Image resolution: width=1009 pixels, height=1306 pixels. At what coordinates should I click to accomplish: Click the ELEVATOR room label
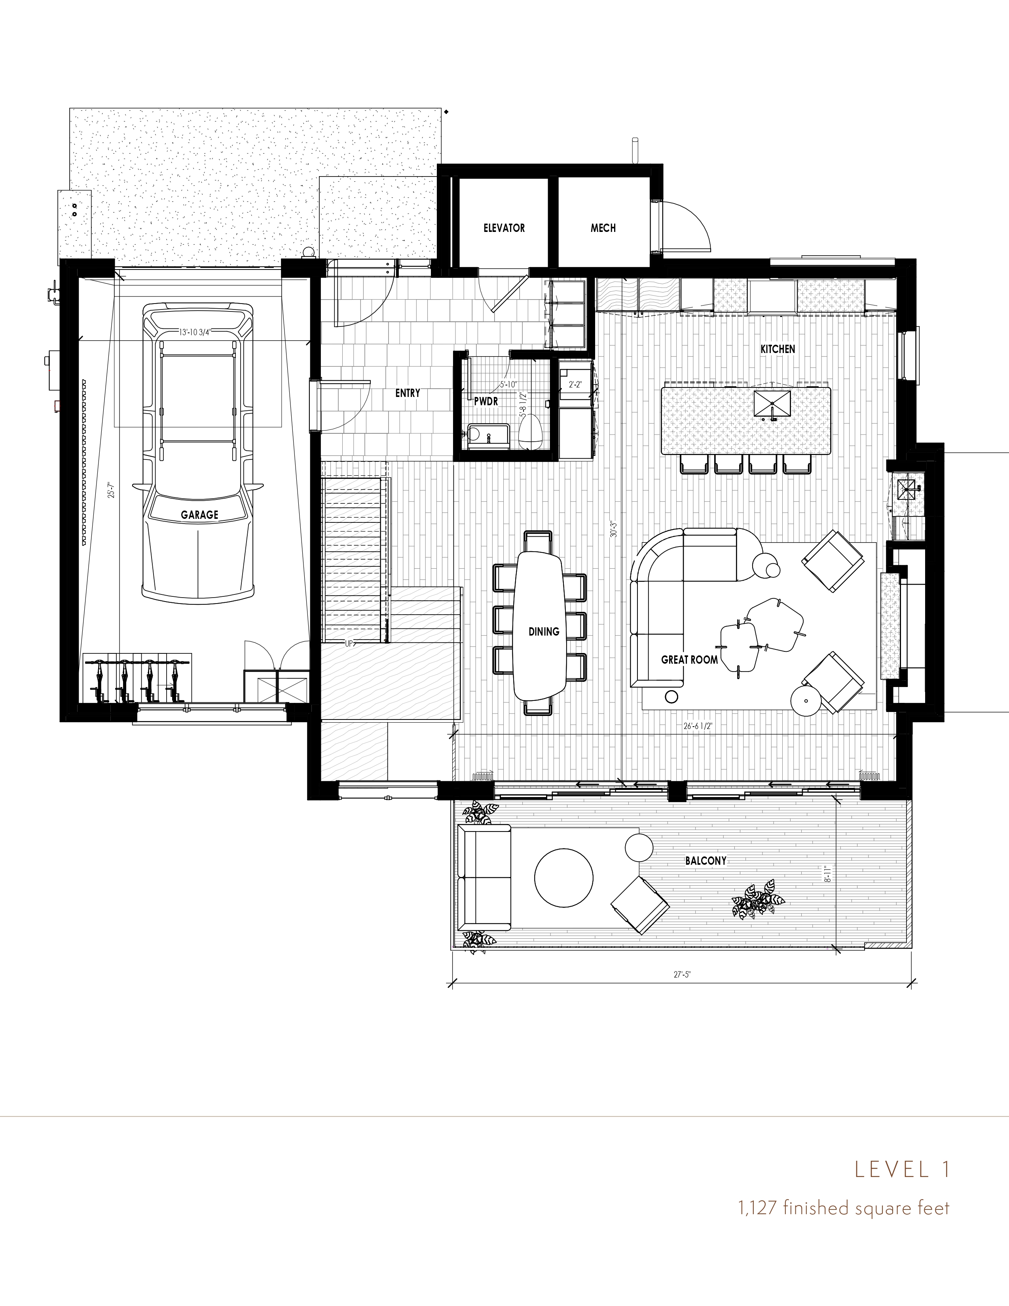[504, 228]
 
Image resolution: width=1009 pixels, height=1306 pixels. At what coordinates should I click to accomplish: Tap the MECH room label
[603, 228]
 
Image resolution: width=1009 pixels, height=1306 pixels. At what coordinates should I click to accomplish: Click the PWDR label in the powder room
[486, 402]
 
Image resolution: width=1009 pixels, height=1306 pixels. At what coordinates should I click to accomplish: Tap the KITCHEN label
[778, 349]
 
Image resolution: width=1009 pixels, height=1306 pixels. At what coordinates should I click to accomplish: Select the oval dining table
[540, 625]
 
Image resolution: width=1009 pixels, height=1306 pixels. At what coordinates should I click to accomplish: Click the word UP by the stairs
[349, 644]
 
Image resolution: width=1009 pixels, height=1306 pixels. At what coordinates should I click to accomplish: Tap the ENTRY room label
[407, 393]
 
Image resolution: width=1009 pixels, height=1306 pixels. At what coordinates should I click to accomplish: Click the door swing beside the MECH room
[687, 228]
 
